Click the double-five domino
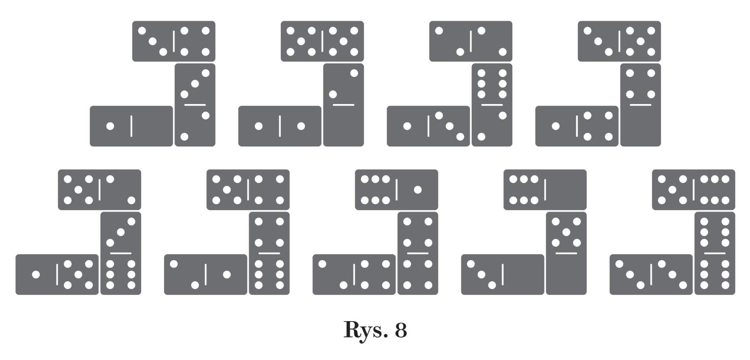coord(322,41)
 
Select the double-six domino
coord(714,253)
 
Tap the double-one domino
coord(279,126)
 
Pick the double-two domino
coord(471,41)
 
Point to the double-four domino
coord(418,253)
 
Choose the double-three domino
coord(651,275)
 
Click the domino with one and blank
coord(131,126)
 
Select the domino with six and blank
coord(545,189)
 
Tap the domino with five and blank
coord(566,253)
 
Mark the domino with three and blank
coord(502,275)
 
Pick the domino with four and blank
coord(640,105)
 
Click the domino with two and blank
coord(343,105)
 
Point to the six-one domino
coord(397,189)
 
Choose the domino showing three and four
coord(173,41)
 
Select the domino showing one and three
coord(428,126)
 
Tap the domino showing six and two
coord(492,105)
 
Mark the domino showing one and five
coord(57,275)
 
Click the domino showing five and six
coord(693,189)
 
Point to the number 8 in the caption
coord(401,330)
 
